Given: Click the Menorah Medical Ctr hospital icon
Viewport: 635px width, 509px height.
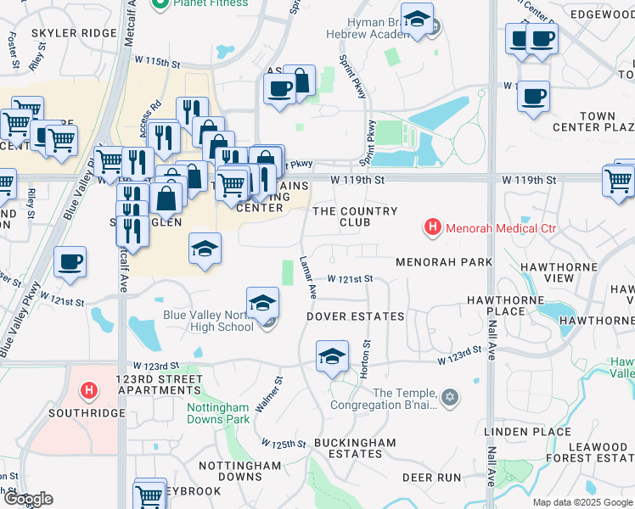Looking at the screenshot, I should (433, 227).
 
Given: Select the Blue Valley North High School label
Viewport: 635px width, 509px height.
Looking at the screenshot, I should (208, 321).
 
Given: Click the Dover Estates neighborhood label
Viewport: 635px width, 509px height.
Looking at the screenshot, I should (355, 316).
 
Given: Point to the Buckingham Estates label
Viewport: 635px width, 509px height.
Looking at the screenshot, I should (355, 448).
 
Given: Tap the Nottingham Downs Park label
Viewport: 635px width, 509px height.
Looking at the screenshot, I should (218, 412).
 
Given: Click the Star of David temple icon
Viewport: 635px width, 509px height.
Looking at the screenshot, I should (451, 396).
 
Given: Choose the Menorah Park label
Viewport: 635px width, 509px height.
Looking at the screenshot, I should (444, 262).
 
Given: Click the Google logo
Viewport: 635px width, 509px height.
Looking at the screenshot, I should (29, 499).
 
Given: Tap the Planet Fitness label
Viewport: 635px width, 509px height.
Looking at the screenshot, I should (210, 4).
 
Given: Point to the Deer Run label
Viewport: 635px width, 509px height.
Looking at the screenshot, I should (431, 478).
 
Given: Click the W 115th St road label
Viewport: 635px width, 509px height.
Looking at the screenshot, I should (158, 63).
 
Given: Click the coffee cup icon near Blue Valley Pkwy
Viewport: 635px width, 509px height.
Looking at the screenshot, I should (70, 262).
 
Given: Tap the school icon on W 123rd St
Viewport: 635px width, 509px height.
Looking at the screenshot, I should (333, 355).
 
